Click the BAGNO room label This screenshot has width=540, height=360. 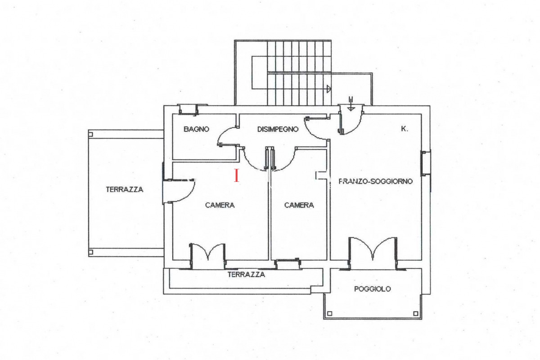pyautogui.click(x=196, y=129)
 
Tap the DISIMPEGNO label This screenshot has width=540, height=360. pyautogui.click(x=278, y=129)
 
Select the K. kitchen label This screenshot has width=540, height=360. pyautogui.click(x=405, y=129)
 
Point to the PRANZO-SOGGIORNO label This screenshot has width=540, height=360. pyautogui.click(x=376, y=181)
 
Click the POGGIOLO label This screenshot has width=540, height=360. pyautogui.click(x=373, y=289)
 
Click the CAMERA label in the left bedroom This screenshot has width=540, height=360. pyautogui.click(x=220, y=205)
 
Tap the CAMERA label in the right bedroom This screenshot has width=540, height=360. pyautogui.click(x=299, y=205)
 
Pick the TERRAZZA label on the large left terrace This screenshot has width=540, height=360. pyautogui.click(x=124, y=189)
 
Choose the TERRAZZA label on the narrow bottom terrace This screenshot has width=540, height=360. pyautogui.click(x=246, y=274)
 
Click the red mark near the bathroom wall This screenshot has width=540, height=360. pyautogui.click(x=237, y=175)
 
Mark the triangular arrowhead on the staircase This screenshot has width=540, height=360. pyautogui.click(x=329, y=89)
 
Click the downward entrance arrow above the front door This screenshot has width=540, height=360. pyautogui.click(x=351, y=103)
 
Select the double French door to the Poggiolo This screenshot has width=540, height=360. pyautogui.click(x=373, y=253)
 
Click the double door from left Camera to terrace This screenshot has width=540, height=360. pyautogui.click(x=208, y=256)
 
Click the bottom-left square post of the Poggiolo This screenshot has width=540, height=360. pyautogui.click(x=329, y=314)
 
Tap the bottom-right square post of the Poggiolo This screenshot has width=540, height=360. pyautogui.click(x=416, y=314)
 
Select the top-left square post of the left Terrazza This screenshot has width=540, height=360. pyautogui.click(x=90, y=134)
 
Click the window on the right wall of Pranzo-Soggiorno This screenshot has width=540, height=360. pyautogui.click(x=426, y=163)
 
